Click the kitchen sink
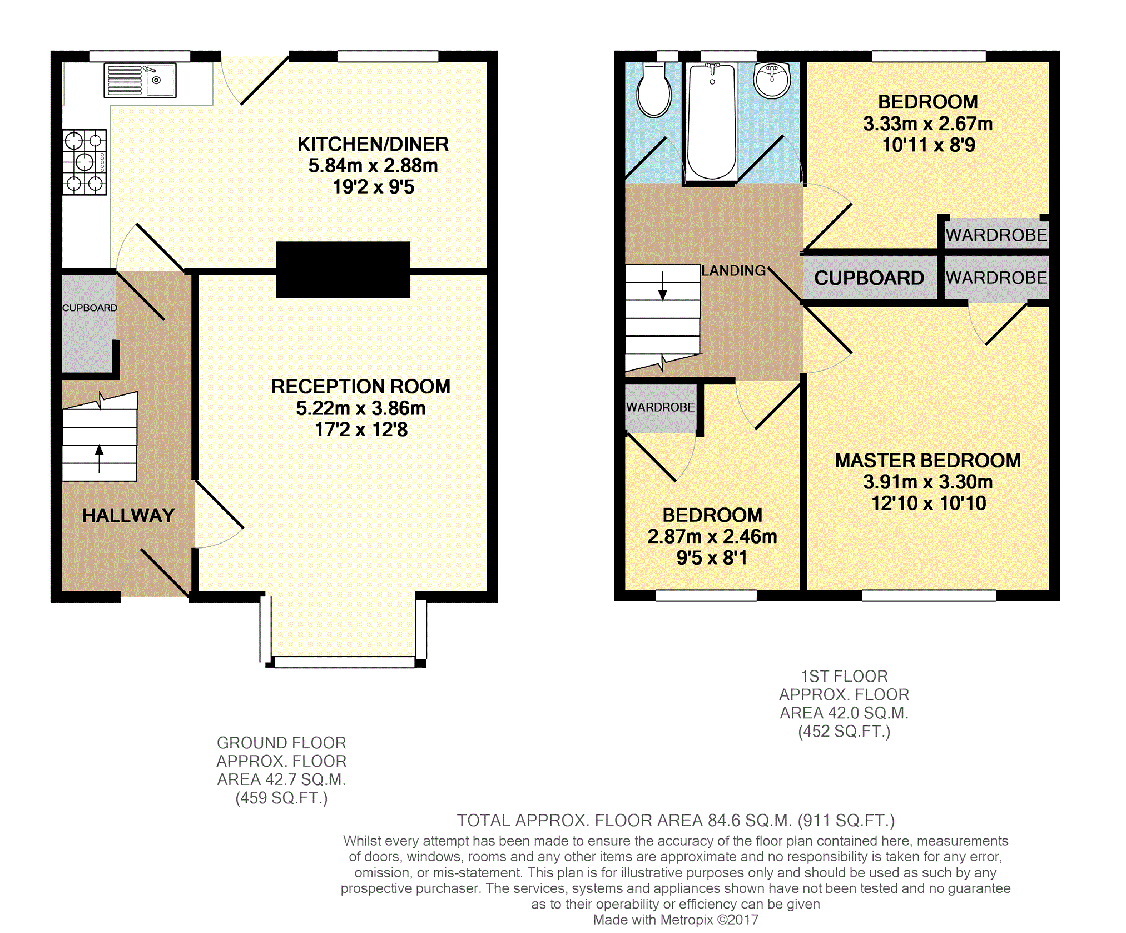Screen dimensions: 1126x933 point(140,81)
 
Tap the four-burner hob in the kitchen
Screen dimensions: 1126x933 point(85,162)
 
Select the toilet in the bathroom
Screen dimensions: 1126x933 point(654,90)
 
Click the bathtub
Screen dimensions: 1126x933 point(712,121)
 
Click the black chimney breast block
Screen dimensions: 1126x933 point(343,270)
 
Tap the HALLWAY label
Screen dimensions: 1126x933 point(128,516)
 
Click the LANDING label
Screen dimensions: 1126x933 point(733,271)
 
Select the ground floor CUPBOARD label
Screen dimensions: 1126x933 point(90,308)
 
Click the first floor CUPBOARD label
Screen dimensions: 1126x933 point(869,278)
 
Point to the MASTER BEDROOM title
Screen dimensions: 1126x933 point(928,461)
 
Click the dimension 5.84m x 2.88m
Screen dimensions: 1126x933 point(373,166)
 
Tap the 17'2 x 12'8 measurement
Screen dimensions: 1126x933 point(361,430)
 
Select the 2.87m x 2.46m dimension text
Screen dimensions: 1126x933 point(712,536)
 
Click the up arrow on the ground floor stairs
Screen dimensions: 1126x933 point(100,459)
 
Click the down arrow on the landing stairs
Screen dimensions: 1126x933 point(663,286)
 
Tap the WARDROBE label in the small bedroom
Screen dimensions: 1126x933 point(661,407)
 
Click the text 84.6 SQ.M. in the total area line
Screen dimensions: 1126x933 point(750,821)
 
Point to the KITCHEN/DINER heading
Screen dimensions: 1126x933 point(373,144)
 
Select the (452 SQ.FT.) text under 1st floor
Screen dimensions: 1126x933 point(844,732)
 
